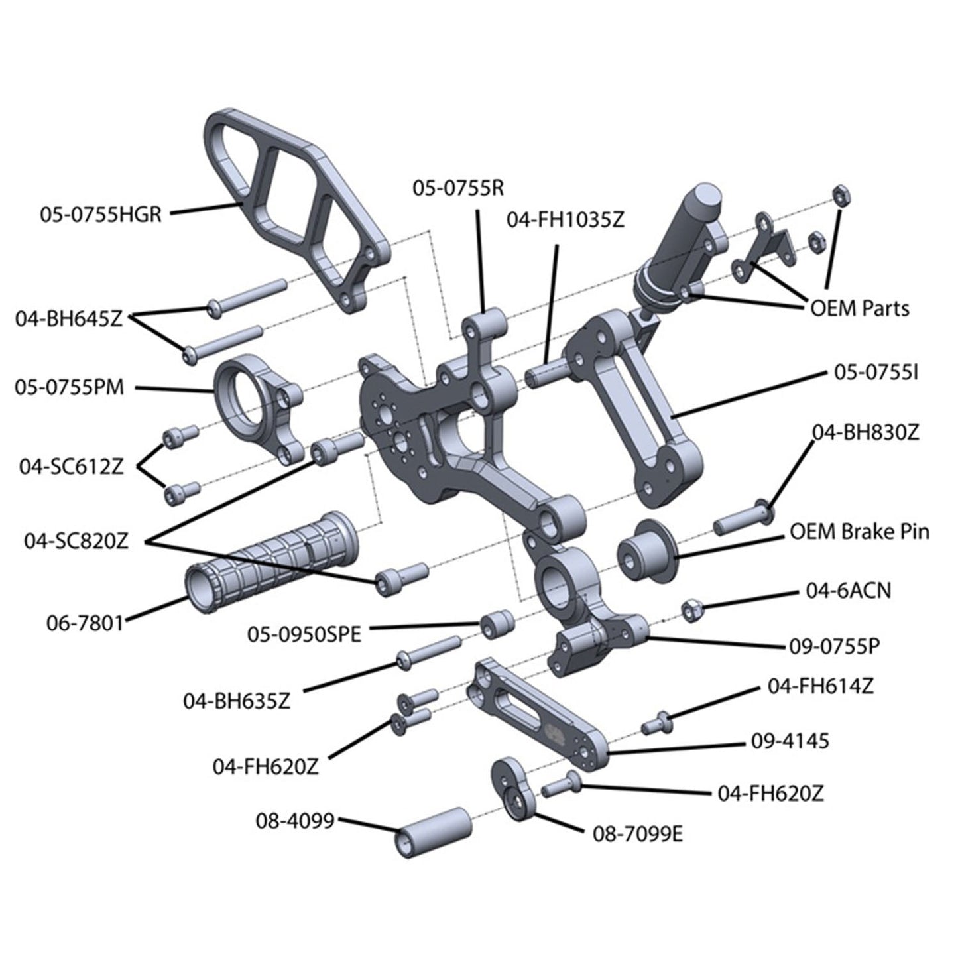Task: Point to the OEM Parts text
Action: point(860,308)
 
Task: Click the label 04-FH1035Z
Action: point(566,220)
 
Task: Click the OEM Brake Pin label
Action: point(859,532)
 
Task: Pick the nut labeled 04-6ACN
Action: point(691,608)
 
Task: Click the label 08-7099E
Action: point(637,833)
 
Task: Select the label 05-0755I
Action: point(876,373)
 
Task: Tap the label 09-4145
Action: point(790,741)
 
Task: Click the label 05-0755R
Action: point(458,188)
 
